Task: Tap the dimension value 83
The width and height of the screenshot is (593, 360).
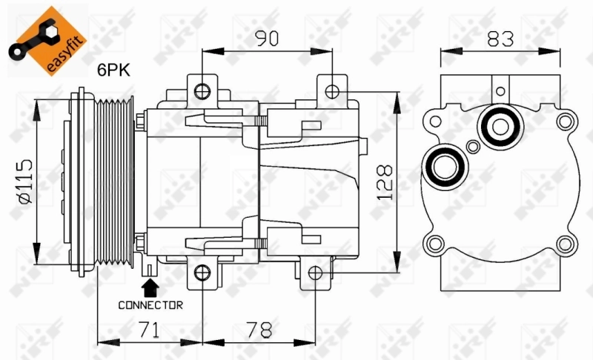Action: pyautogui.click(x=501, y=39)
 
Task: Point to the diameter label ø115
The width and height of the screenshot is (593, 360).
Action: pyautogui.click(x=23, y=179)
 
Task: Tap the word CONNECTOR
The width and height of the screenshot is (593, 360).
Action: pyautogui.click(x=150, y=304)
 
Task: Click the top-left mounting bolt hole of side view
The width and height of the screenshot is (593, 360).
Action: pyautogui.click(x=202, y=91)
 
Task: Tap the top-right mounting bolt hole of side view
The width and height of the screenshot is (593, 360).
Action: pyautogui.click(x=333, y=91)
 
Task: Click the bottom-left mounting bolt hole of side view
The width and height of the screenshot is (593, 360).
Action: pyautogui.click(x=202, y=274)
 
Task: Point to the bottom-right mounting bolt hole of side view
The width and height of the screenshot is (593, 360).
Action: pyautogui.click(x=315, y=274)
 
